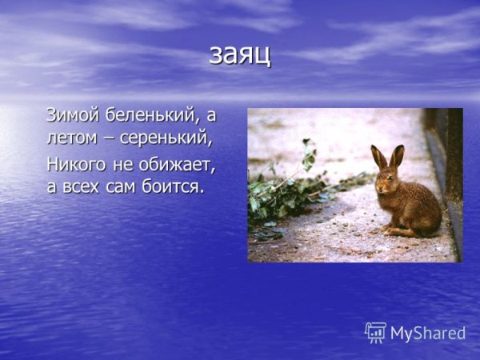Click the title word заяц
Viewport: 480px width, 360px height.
click(x=240, y=54)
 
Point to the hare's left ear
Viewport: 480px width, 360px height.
click(x=378, y=157)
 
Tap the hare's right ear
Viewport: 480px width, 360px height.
click(x=397, y=155)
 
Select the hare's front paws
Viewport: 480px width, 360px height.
click(x=387, y=227)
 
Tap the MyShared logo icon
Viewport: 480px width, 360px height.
click(x=375, y=332)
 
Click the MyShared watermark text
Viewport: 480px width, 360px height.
click(x=428, y=334)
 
